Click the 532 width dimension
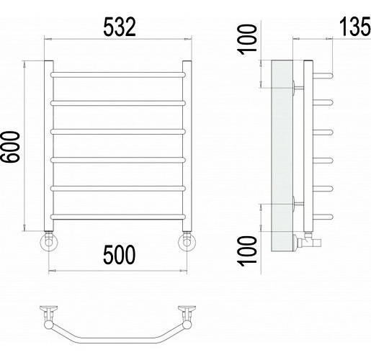coord(120,27)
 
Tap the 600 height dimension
coord(10,147)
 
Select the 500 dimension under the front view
coord(120,255)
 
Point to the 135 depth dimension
coord(355,26)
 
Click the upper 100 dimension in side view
coord(247,40)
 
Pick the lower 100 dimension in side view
coord(247,251)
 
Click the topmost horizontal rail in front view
coord(118,75)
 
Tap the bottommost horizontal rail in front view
coord(118,217)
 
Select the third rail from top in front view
coord(118,132)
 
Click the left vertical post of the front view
coord(49,146)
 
